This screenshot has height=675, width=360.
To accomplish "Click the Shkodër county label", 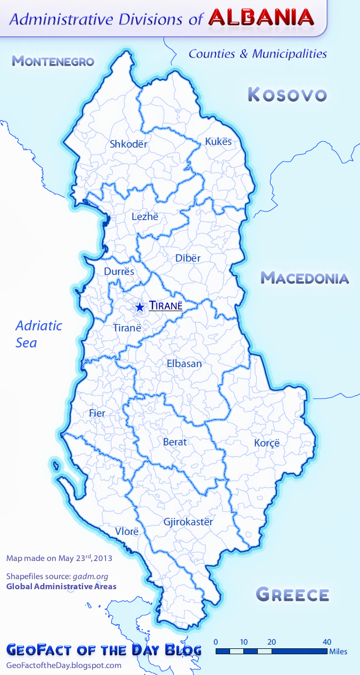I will click(x=128, y=144).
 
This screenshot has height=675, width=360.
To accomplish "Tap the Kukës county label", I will click(x=218, y=142).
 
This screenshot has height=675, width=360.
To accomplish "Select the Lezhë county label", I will click(x=145, y=217).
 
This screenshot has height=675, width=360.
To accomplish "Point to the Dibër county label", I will click(x=188, y=258).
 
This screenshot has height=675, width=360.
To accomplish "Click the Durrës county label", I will click(x=119, y=272).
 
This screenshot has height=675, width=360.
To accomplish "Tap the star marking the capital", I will click(x=140, y=307).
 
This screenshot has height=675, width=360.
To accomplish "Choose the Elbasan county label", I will click(x=184, y=364).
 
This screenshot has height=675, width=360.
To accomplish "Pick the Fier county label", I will click(x=97, y=413).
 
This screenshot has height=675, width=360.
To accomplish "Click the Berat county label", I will click(x=175, y=442).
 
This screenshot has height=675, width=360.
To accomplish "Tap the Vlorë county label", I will click(x=127, y=532).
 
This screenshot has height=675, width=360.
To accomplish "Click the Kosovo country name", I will click(x=287, y=95).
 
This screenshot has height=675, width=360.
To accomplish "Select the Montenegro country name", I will click(x=53, y=61).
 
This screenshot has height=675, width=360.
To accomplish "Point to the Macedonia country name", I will click(x=305, y=278).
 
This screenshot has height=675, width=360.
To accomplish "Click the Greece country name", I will click(x=292, y=594).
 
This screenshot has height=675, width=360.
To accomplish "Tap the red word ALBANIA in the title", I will click(x=261, y=18).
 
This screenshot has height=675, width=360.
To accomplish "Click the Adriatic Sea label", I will click(x=39, y=334).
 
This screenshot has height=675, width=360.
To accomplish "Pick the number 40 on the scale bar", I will click(x=327, y=641).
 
